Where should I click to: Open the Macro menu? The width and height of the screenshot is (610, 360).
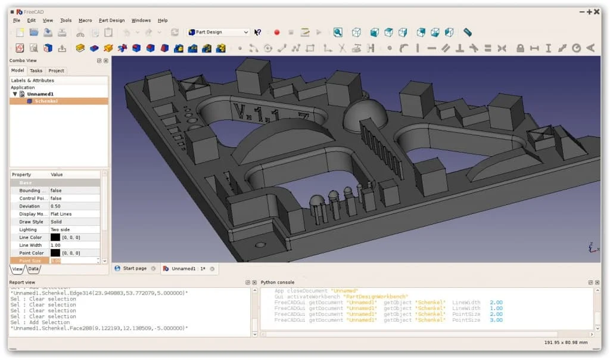coord(85,20)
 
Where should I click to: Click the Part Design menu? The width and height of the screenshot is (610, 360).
coord(111,20)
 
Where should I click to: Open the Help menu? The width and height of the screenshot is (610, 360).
coord(163,20)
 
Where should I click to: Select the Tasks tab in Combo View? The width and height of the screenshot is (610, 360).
coord(36,70)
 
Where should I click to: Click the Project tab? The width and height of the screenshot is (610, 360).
coord(57,70)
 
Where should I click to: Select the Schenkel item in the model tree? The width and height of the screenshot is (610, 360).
coord(46,101)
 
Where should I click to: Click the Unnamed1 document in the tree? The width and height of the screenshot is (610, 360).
coord(41,94)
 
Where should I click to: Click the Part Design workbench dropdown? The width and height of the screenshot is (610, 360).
coord(219,32)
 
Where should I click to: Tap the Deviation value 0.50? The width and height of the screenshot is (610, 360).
coord(74,206)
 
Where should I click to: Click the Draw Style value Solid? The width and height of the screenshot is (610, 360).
coord(74,222)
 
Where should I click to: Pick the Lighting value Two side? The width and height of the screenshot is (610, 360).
coord(74,229)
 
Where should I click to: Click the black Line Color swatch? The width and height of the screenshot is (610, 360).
coord(55,237)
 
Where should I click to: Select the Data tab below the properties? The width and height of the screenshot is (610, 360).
coord(33,269)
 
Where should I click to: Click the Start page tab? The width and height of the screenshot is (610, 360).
coord(135,269)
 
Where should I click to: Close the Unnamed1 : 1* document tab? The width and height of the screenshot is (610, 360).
coord(212,269)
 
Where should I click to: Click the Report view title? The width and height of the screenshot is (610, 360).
coord(22,282)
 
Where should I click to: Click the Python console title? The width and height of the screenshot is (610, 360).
coord(278,282)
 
